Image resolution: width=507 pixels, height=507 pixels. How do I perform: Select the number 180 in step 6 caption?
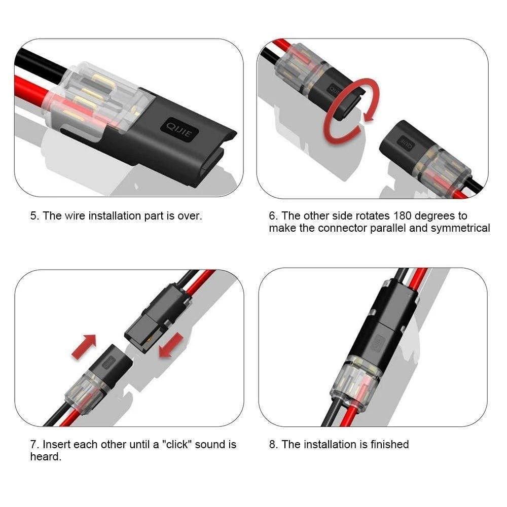tap(403, 216)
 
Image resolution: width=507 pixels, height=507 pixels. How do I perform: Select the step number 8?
tap(273, 445)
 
